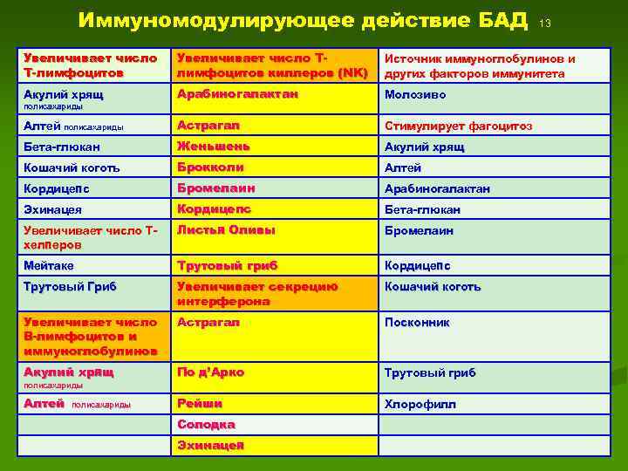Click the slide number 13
point(546,23)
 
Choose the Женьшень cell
point(214,147)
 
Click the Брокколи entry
point(210,167)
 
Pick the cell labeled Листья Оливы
point(226,231)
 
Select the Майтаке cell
point(50,265)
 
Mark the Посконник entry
point(418,323)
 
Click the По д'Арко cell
point(210,372)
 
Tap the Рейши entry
point(200,404)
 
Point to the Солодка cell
point(206,425)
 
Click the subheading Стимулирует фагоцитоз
point(458,126)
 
